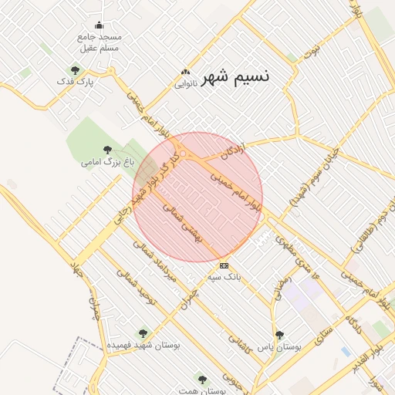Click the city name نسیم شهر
235,77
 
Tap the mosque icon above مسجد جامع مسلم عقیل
100,25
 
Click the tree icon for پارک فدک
75,70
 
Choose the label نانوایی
184,82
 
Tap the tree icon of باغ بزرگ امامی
107,150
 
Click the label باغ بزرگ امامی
107,163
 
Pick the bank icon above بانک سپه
225,265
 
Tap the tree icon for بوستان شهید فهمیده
142,333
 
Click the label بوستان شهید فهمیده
142,345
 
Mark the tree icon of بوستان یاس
279,335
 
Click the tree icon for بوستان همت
203,380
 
